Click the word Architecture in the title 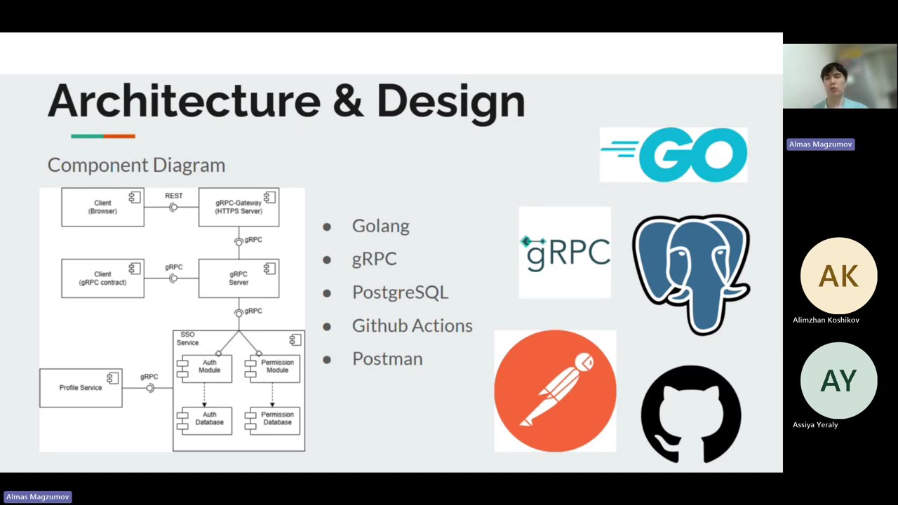point(184,102)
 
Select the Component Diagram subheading point(136,166)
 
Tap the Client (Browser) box point(102,207)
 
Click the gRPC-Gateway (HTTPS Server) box point(239,207)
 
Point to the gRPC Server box point(239,278)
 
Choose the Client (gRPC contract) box point(102,278)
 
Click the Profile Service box point(81,388)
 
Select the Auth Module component point(208,367)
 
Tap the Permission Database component point(276,419)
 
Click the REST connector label point(173,196)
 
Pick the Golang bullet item point(380,226)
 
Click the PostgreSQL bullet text point(400,292)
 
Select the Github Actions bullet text point(412,325)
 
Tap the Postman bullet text point(387,359)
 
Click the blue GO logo point(673,155)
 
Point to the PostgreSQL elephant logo point(691,274)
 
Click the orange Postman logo point(555,391)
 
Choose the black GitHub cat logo point(691,414)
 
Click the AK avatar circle point(838,276)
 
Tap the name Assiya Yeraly point(815,425)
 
